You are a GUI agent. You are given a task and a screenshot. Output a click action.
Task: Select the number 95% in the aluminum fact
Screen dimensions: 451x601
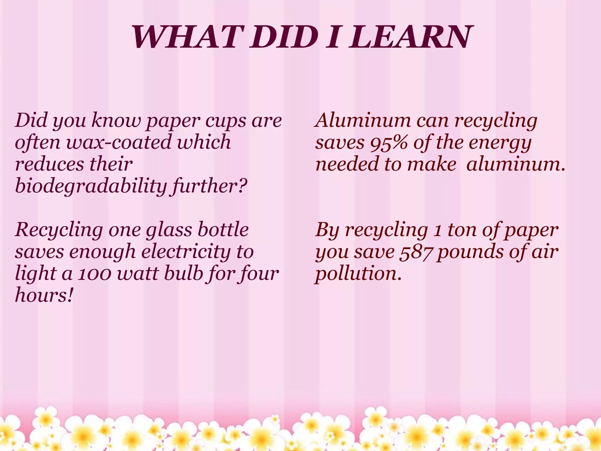point(389,142)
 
